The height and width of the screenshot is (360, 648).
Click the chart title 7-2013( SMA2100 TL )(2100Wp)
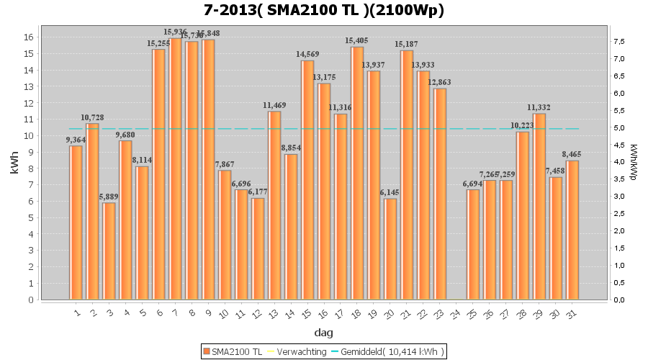(323, 10)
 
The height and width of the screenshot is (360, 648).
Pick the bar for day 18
(357, 173)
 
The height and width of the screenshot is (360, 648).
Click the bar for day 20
(390, 248)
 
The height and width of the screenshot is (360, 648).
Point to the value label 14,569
(307, 54)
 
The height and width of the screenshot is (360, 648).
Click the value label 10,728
(92, 117)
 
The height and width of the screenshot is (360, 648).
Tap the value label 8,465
(572, 154)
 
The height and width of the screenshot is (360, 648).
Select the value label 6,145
(390, 192)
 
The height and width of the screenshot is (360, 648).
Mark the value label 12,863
(440, 82)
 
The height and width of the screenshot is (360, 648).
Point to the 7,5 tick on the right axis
(619, 42)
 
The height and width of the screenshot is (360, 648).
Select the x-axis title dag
(323, 333)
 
